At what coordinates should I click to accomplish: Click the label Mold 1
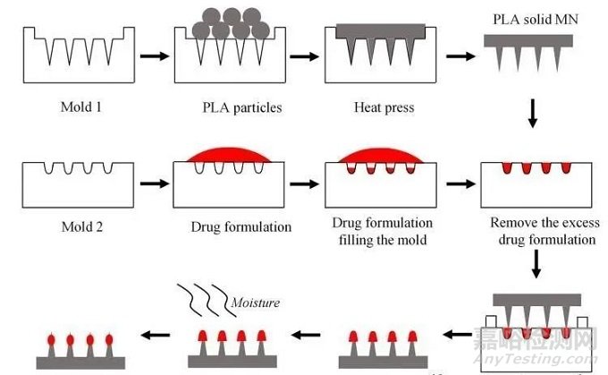pyautogui.click(x=76, y=108)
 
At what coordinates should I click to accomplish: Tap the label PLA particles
pyautogui.click(x=241, y=108)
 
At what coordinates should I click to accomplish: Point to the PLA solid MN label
pyautogui.click(x=528, y=19)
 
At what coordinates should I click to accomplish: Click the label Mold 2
pyautogui.click(x=76, y=226)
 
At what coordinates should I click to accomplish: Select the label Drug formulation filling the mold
pyautogui.click(x=382, y=230)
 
